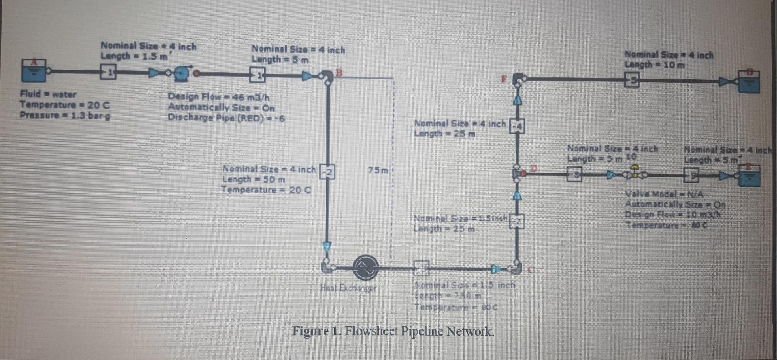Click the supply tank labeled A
click(x=34, y=70)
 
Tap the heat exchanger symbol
click(x=365, y=267)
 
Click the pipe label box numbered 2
click(x=328, y=172)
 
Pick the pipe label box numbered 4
click(x=517, y=126)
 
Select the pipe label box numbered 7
click(x=517, y=221)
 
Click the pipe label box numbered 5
click(x=632, y=80)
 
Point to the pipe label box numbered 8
click(x=574, y=175)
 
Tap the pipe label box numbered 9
click(x=691, y=175)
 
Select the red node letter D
click(x=533, y=168)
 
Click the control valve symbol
click(x=635, y=173)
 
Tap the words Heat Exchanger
click(x=348, y=288)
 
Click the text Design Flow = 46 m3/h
click(x=219, y=97)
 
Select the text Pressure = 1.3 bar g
click(x=65, y=115)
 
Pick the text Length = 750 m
click(x=447, y=296)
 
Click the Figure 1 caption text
click(x=393, y=331)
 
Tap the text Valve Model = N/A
click(x=664, y=194)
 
